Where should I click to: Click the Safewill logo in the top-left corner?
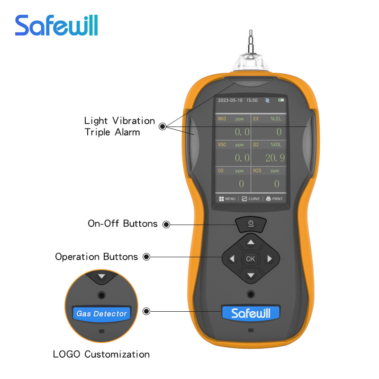point(56,25)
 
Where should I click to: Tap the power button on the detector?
point(251,224)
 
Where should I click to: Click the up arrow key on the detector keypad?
point(251,242)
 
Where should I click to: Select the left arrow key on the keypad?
point(232,259)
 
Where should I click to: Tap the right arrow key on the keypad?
point(270,259)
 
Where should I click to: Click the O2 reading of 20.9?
point(275,158)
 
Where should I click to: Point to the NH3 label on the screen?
point(222,119)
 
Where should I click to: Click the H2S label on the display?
point(257,171)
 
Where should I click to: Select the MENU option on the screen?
point(227,199)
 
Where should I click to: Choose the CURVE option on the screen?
point(251,199)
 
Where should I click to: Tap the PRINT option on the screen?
point(274,199)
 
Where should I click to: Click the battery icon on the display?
point(281,100)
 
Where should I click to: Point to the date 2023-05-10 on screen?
point(230,100)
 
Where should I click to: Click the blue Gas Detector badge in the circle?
point(101,314)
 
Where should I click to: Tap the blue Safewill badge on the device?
point(251,313)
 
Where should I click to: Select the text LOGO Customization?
point(101,354)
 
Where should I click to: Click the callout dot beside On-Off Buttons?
point(166,225)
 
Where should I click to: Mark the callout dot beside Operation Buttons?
point(146,257)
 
